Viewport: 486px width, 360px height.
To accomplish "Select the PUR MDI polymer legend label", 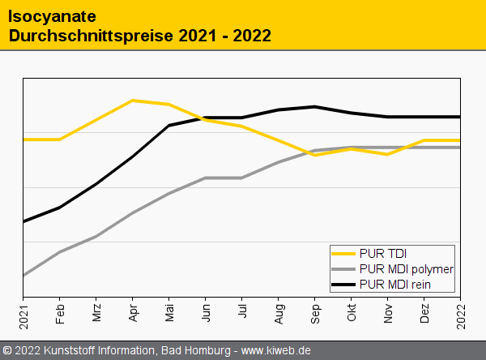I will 406,268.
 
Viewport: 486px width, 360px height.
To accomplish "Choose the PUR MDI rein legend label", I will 394,284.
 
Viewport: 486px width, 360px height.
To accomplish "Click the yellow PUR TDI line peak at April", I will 133,101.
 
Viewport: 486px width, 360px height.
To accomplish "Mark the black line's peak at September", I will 315,106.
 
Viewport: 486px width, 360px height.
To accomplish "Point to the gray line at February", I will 60,252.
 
